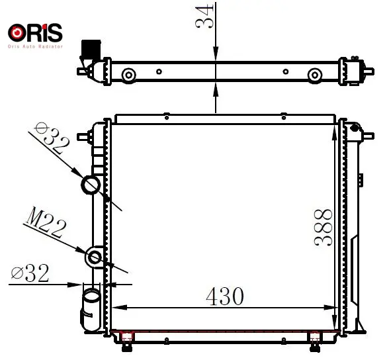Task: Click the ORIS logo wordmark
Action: tap(35, 32)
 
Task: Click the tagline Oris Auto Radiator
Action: tap(35, 46)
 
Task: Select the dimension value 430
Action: tap(225, 296)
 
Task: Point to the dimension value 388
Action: tap(323, 228)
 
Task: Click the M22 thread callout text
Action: tap(46, 222)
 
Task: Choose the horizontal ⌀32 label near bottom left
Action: tap(30, 273)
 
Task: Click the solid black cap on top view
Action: tap(91, 50)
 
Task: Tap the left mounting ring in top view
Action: tap(128, 75)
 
